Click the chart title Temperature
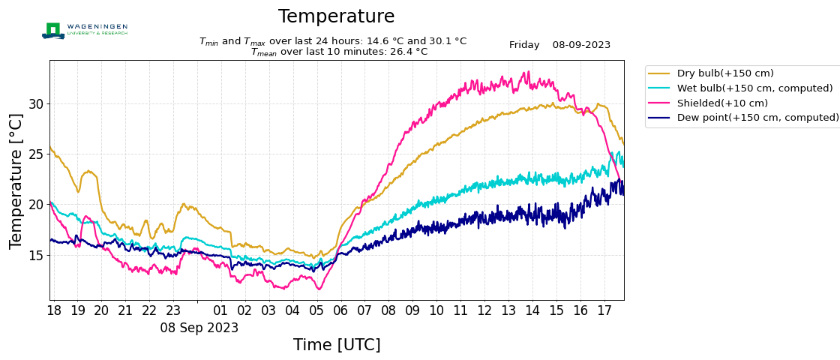(336, 16)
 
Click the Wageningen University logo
(85, 30)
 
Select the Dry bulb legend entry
(724, 73)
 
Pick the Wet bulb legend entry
(754, 88)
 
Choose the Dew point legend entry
(757, 118)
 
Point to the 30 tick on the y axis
(36, 103)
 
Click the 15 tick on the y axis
(36, 255)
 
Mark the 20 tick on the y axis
(36, 205)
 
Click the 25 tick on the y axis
(36, 154)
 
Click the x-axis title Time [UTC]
(337, 345)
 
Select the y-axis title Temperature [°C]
(16, 181)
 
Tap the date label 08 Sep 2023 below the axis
(199, 328)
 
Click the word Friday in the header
(524, 45)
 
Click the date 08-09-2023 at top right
(581, 45)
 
